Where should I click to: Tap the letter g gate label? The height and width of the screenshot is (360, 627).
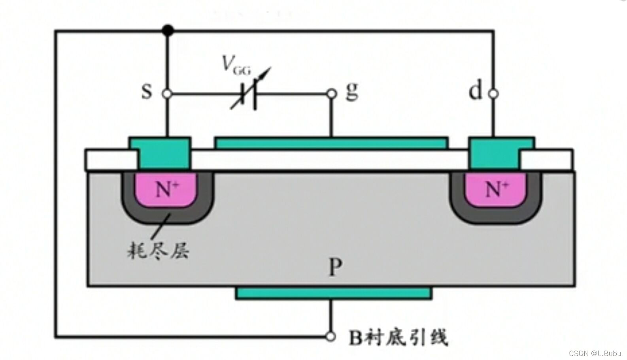(x=351, y=92)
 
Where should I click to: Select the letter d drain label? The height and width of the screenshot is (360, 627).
(x=475, y=91)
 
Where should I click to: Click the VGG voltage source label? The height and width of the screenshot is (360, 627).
(x=236, y=65)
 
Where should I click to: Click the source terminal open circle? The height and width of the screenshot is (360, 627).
(x=167, y=94)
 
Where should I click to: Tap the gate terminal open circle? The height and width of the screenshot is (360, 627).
(x=332, y=94)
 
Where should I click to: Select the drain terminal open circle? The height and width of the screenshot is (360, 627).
(x=493, y=94)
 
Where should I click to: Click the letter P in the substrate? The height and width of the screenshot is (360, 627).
(x=335, y=268)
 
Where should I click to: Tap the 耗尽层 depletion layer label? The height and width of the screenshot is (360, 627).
(x=158, y=250)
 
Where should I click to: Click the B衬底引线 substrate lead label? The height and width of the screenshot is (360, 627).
(x=398, y=337)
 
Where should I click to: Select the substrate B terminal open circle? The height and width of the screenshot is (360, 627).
(x=331, y=337)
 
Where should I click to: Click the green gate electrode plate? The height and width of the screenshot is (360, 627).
(x=331, y=143)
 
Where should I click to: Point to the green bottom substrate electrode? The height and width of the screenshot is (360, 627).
(x=333, y=293)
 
